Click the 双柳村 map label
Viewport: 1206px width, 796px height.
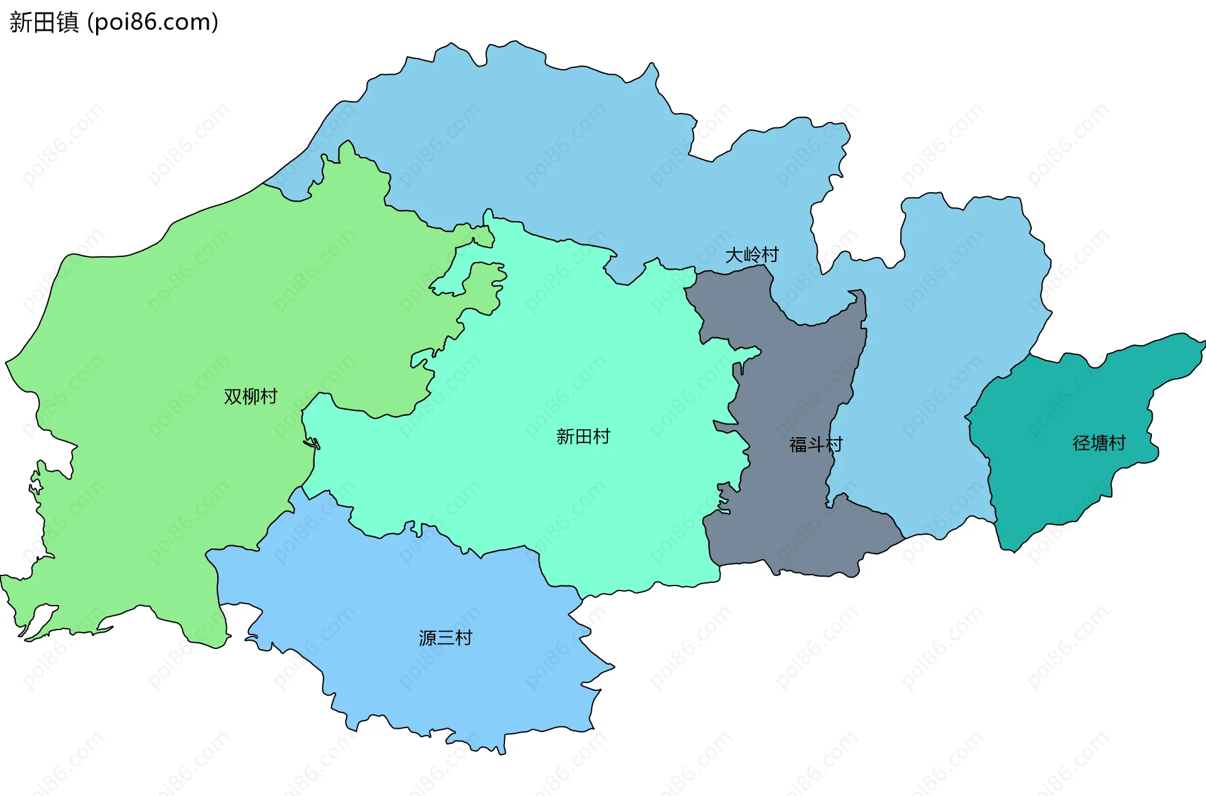click(x=251, y=396)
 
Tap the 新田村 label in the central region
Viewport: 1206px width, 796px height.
click(x=583, y=437)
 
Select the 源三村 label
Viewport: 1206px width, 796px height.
click(x=445, y=638)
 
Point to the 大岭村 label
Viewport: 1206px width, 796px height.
click(x=752, y=255)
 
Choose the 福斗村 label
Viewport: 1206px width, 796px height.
click(x=815, y=445)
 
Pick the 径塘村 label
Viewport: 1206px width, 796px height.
click(x=1099, y=444)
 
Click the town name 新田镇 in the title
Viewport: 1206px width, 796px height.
click(x=44, y=23)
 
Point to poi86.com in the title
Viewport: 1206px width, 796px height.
click(x=153, y=23)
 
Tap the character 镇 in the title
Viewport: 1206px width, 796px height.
click(x=68, y=23)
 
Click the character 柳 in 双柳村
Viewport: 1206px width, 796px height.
click(x=251, y=396)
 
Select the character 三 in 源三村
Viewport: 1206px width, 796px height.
click(x=445, y=638)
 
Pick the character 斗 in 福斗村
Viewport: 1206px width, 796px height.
click(x=815, y=445)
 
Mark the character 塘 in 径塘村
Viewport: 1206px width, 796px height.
click(x=1099, y=444)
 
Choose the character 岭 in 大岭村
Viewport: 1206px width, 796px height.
click(x=752, y=255)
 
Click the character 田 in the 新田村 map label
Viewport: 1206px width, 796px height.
click(x=583, y=437)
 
